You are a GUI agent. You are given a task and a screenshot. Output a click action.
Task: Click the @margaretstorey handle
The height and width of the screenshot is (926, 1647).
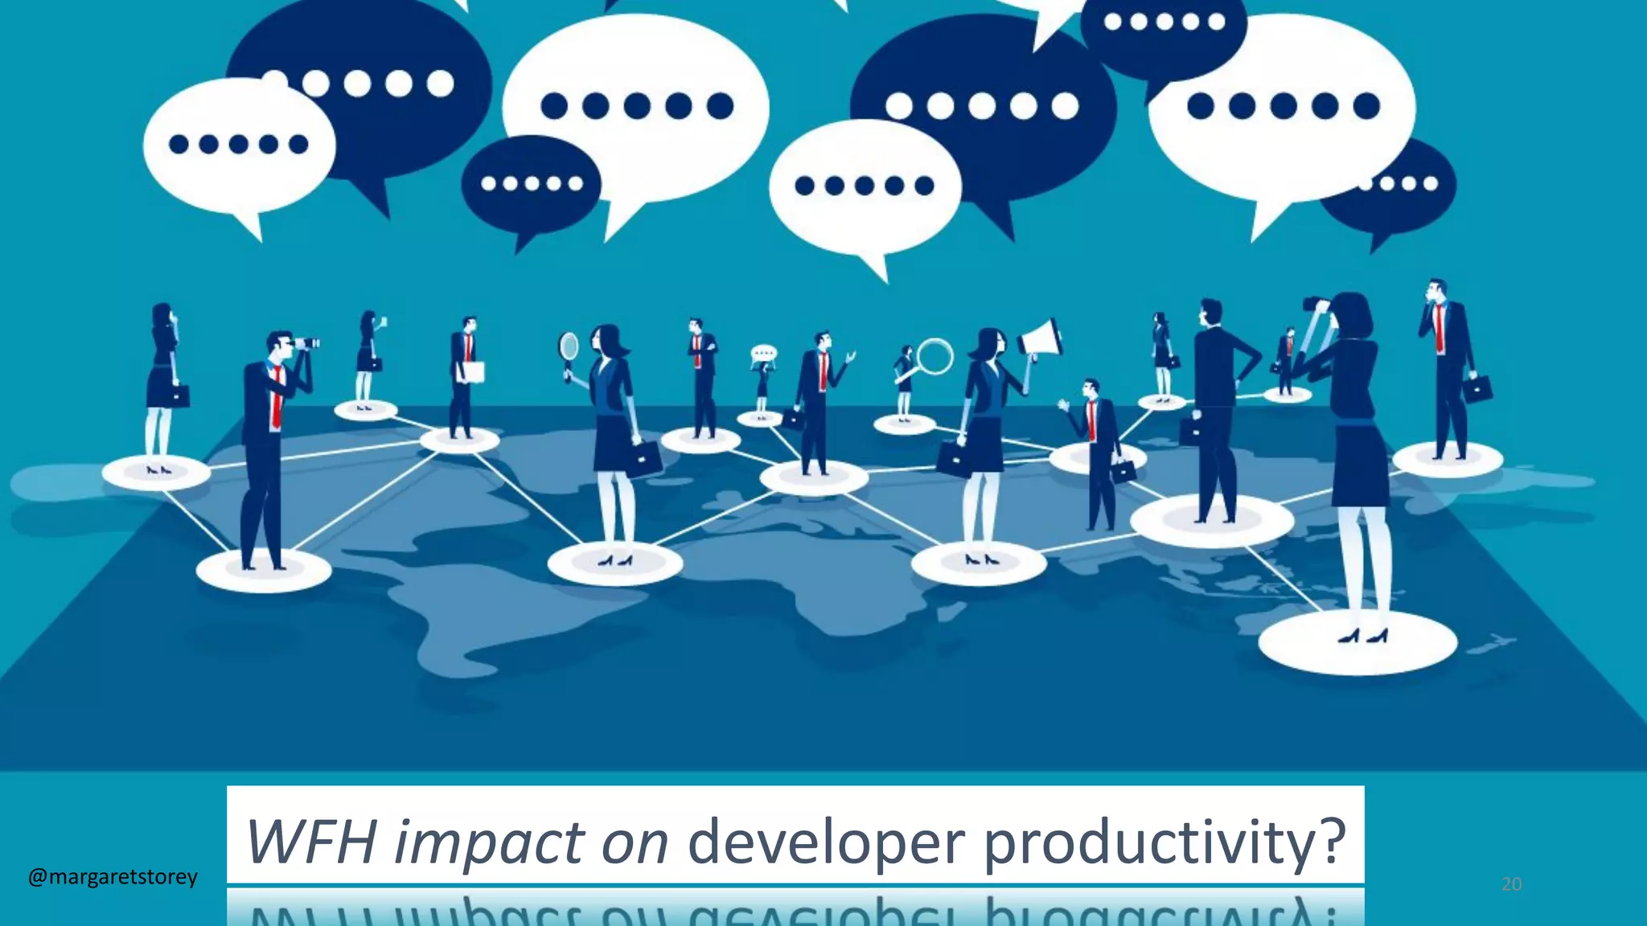(x=113, y=876)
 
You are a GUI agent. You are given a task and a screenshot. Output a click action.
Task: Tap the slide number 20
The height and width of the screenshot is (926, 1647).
(x=1511, y=884)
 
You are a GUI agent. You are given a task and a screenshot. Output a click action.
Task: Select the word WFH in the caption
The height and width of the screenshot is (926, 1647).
(x=311, y=842)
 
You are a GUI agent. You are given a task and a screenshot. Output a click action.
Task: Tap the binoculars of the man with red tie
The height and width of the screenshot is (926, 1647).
(x=305, y=344)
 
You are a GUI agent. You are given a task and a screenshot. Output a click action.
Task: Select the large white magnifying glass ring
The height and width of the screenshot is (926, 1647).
(x=934, y=356)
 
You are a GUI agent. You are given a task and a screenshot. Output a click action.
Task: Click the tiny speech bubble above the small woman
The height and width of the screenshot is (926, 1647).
(x=763, y=353)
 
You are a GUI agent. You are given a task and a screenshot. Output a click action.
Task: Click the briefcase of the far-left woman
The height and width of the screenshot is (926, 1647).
(x=179, y=395)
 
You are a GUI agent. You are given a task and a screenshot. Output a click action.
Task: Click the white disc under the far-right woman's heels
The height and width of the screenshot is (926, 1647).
(x=1357, y=643)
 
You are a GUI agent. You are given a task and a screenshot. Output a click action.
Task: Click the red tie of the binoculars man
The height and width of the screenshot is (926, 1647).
(x=277, y=398)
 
